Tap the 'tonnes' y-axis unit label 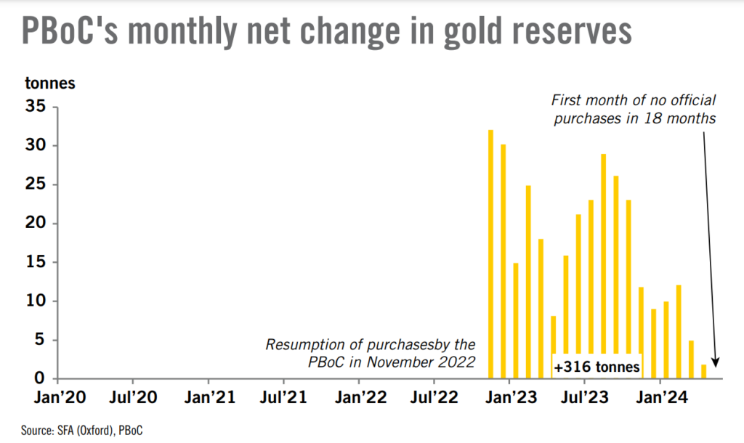50,82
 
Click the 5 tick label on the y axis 41,339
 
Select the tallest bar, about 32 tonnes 490,254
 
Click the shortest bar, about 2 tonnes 703,371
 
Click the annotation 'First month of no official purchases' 634,109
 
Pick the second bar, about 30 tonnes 503,261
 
